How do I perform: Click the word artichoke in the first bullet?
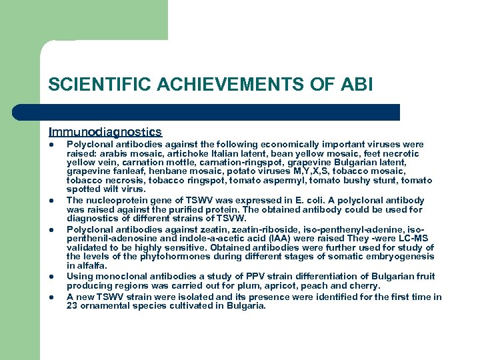[x=189, y=153]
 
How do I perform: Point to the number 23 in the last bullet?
[x=72, y=306]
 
